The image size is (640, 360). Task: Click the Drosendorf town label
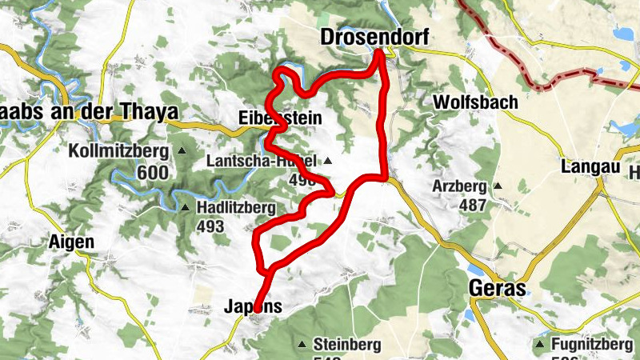(x=374, y=37)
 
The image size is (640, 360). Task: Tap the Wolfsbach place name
(x=475, y=102)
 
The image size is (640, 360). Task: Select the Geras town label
(x=496, y=289)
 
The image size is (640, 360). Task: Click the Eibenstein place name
(x=280, y=118)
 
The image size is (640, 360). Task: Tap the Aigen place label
(x=71, y=242)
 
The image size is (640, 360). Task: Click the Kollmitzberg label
(x=118, y=151)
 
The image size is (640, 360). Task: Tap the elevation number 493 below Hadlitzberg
(x=210, y=226)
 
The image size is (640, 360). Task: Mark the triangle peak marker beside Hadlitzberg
(x=185, y=208)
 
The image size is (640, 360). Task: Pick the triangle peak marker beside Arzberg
(x=498, y=186)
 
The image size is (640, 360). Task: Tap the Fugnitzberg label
(x=593, y=344)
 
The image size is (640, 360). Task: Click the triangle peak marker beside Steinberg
(x=302, y=345)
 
